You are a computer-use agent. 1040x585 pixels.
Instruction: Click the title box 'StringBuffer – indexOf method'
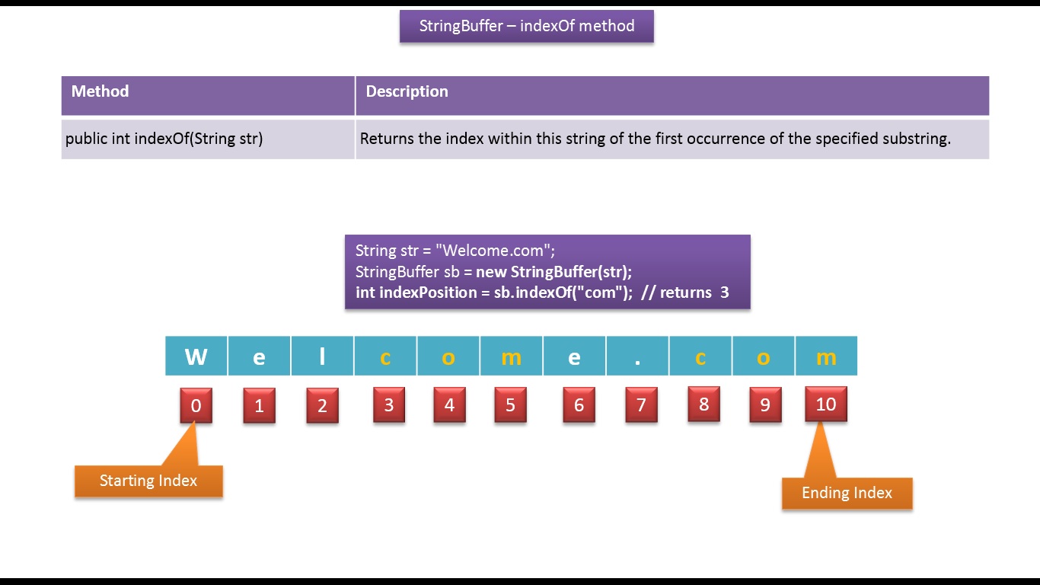[x=526, y=26]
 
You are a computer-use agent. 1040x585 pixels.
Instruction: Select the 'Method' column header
[x=100, y=91]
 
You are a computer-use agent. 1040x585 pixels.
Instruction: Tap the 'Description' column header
[x=407, y=91]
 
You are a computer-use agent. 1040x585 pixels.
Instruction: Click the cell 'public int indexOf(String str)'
[x=164, y=139]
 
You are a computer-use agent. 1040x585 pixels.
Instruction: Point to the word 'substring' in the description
[x=915, y=139]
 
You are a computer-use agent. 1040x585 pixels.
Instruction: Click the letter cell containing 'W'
[x=196, y=356]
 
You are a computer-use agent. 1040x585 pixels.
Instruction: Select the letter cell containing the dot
[x=637, y=356]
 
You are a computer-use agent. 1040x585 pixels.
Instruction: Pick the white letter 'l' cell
[x=322, y=356]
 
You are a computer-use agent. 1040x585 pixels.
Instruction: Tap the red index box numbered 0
[x=196, y=406]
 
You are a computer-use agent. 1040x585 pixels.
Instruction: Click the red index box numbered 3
[x=388, y=404]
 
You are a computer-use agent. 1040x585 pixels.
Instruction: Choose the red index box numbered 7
[x=641, y=405]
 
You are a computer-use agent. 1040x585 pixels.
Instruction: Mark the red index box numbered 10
[x=825, y=404]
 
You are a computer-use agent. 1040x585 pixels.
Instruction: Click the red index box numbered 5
[x=510, y=405]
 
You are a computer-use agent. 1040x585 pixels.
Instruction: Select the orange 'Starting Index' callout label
[x=148, y=481]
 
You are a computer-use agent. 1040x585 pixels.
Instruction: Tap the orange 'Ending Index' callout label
[x=847, y=493]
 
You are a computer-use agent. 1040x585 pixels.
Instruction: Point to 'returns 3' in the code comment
[x=694, y=292]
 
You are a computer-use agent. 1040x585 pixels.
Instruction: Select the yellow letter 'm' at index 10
[x=826, y=356]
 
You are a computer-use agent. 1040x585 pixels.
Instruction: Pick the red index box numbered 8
[x=703, y=404]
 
